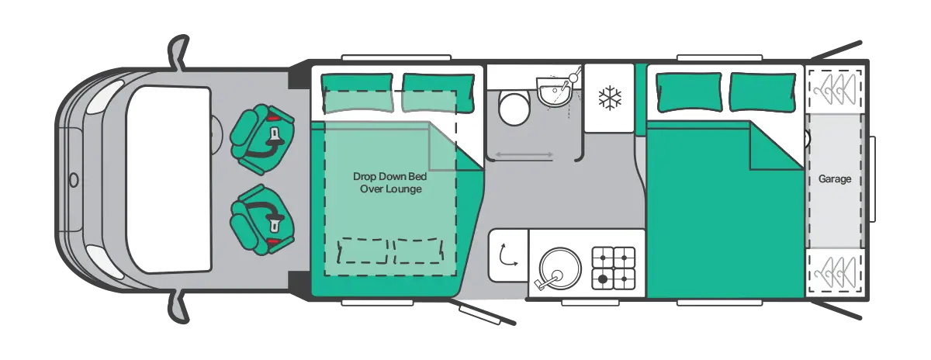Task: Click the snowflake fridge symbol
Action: pos(610,99)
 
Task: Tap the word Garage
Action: pos(835,179)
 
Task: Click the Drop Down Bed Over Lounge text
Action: pos(389,182)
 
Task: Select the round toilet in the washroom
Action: pos(514,109)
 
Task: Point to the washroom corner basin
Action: pos(555,92)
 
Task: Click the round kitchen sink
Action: pos(560,268)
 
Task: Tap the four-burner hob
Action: pos(614,268)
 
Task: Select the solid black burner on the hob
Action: pos(602,279)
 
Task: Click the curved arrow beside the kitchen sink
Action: pos(508,254)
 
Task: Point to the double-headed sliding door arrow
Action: pos(524,154)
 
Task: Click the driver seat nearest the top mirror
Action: pos(262,139)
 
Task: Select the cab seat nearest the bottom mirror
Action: pos(262,220)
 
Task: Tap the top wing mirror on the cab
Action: pos(178,52)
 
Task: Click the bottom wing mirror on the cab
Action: pos(178,306)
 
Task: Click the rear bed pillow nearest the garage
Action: pos(763,92)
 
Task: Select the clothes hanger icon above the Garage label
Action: pos(836,90)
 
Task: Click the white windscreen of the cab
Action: pos(168,179)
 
